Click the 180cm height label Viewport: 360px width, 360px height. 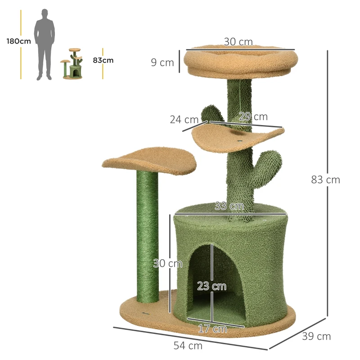pyautogui.click(x=18, y=41)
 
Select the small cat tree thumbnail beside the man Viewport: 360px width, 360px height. pyautogui.click(x=73, y=64)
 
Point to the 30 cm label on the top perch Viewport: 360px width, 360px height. pyautogui.click(x=238, y=42)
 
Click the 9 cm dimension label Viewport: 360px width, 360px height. pyautogui.click(x=162, y=63)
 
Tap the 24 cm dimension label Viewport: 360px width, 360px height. pyautogui.click(x=184, y=120)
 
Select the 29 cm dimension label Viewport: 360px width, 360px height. pyautogui.click(x=253, y=117)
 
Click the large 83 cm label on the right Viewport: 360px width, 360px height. pyautogui.click(x=325, y=180)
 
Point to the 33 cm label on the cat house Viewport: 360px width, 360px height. pyautogui.click(x=229, y=207)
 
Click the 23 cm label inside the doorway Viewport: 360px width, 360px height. pyautogui.click(x=211, y=286)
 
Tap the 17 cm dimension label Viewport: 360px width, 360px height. pyautogui.click(x=212, y=329)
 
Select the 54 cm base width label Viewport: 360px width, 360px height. pyautogui.click(x=188, y=346)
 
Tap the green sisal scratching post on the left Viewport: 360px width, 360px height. pyautogui.click(x=146, y=238)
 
